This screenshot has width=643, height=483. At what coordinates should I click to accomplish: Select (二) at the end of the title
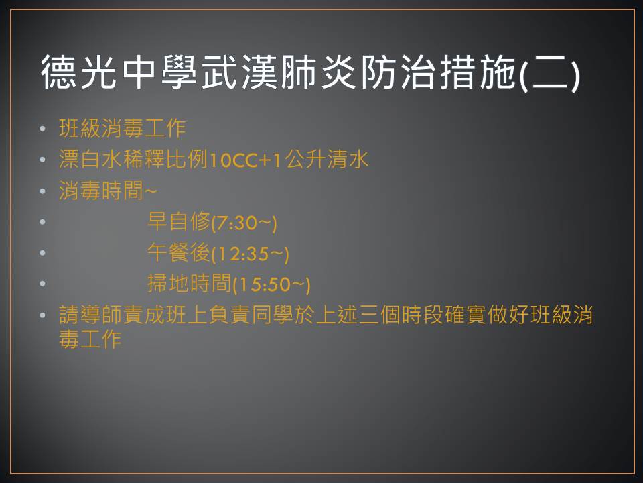point(549,73)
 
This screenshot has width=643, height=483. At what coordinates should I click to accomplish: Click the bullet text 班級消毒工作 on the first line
point(122,128)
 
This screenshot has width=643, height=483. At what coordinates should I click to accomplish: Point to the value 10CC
point(234,160)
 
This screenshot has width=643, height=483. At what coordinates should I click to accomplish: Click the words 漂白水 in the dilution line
point(90,160)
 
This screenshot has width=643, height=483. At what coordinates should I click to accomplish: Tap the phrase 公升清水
point(326,160)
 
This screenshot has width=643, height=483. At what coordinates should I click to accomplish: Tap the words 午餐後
point(179,252)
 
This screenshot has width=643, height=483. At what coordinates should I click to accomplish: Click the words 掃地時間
point(190,283)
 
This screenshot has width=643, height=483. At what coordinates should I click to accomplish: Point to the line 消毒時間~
point(108,191)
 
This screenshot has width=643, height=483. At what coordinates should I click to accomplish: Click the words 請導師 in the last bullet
point(90,315)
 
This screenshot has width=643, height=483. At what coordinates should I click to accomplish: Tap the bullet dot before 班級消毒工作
point(43,129)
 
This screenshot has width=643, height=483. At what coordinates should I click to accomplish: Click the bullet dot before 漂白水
point(43,160)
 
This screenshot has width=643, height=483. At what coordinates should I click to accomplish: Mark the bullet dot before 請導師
point(43,315)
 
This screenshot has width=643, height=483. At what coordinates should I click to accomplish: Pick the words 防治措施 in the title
point(438,72)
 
